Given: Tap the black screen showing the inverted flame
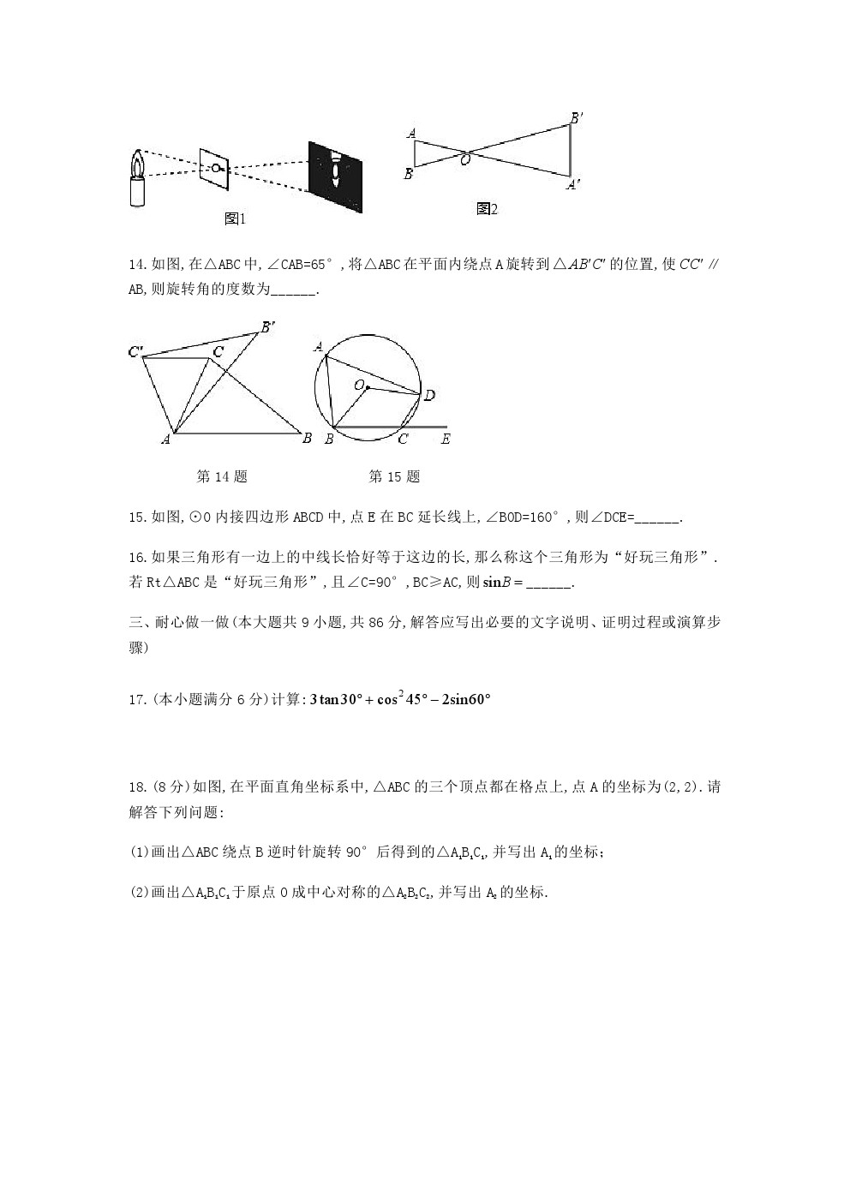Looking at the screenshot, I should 335,170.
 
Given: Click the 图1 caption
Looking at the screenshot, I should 235,219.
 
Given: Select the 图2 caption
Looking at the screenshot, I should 487,209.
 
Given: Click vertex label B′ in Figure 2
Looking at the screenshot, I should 577,118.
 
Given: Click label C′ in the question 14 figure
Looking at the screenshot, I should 135,351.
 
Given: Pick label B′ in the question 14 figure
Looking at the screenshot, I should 268,326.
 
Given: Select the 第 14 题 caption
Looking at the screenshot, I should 222,476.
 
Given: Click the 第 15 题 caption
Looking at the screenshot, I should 394,476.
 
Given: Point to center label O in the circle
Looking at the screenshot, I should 359,386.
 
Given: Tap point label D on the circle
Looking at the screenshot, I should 430,395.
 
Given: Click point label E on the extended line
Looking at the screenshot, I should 445,440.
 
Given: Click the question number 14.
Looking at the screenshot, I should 137,265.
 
